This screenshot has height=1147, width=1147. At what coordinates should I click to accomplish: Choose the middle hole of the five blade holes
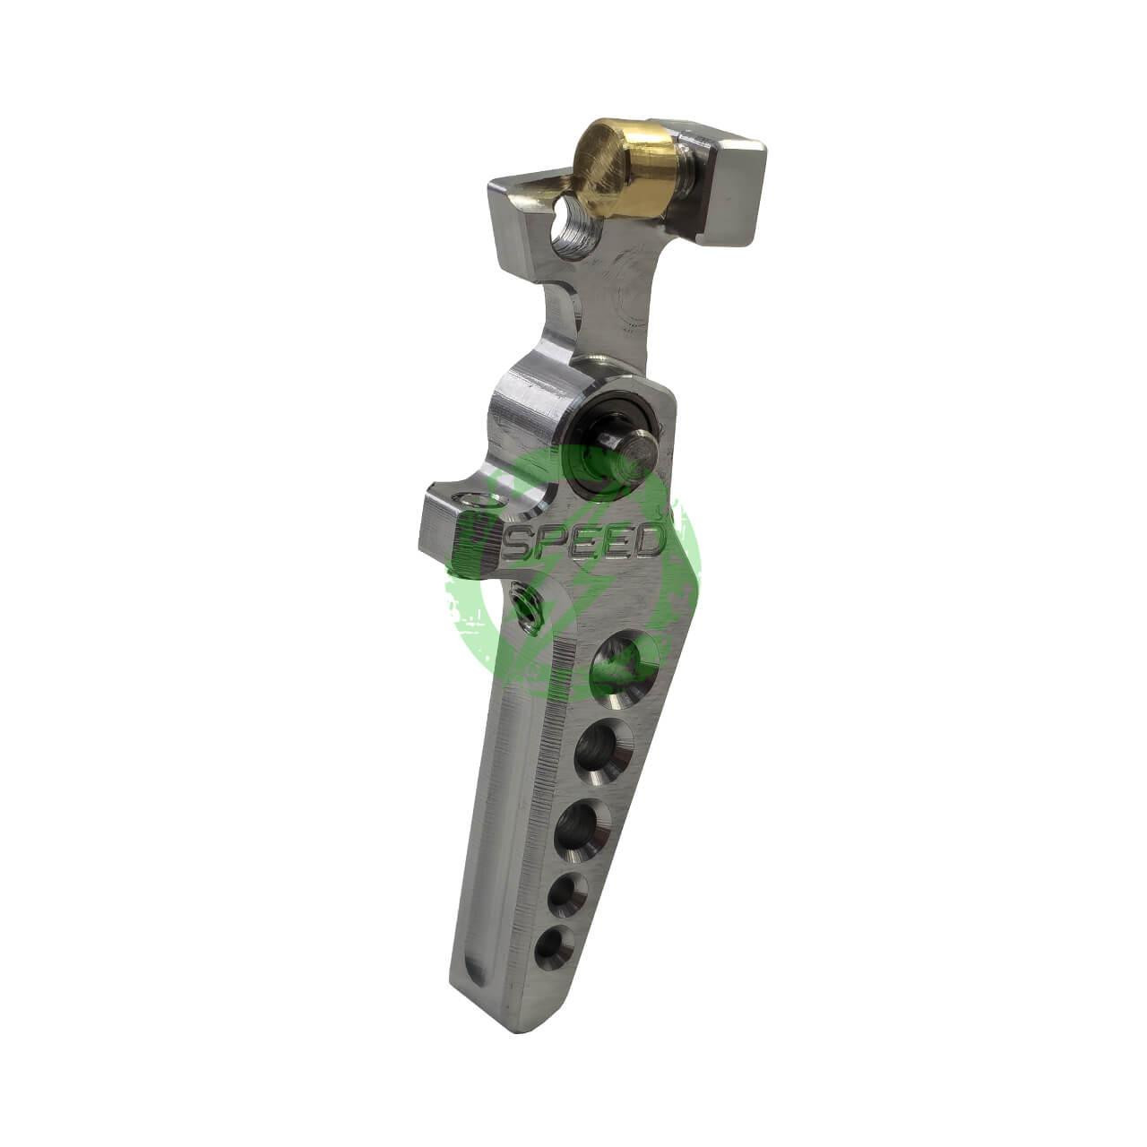pos(577,828)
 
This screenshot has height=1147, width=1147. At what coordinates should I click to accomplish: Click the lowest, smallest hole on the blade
pos(554,946)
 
